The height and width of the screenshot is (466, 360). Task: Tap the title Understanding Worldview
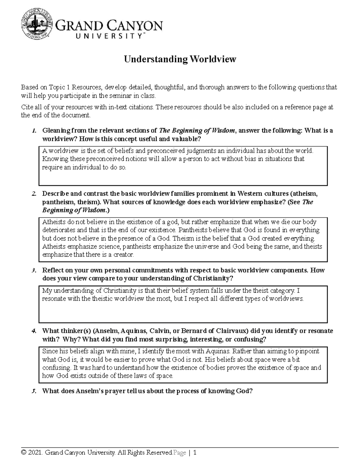pyautogui.click(x=180, y=59)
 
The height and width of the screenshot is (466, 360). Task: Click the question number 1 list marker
pyautogui.click(x=34, y=131)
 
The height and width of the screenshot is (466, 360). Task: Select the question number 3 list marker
pyautogui.click(x=34, y=270)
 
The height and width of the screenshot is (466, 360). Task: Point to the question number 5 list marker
pyautogui.click(x=34, y=391)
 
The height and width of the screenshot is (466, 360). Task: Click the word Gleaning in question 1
pyautogui.click(x=56, y=131)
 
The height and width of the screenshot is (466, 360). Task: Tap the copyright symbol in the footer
pyautogui.click(x=23, y=453)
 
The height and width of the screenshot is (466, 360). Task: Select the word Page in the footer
pyautogui.click(x=180, y=453)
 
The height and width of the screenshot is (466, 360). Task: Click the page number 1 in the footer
pyautogui.click(x=195, y=453)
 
